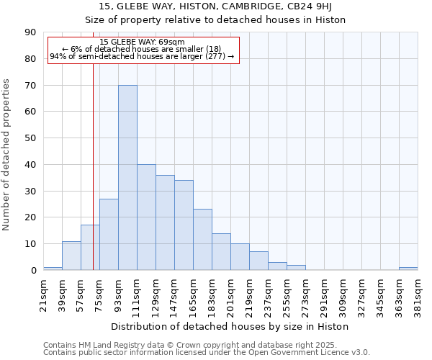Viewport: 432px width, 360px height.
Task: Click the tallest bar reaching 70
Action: (x=127, y=178)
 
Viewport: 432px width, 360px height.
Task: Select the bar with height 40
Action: (x=146, y=217)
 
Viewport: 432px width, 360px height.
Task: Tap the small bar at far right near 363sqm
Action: (x=408, y=269)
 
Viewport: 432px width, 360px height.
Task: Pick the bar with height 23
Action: (x=202, y=240)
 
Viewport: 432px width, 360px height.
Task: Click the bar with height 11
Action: (x=71, y=256)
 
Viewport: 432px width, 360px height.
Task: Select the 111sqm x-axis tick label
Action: (x=137, y=293)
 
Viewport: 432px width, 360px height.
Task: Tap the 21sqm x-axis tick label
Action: (x=43, y=293)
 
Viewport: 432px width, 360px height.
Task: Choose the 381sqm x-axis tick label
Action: (x=418, y=293)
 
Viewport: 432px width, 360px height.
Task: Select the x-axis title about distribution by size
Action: (x=230, y=326)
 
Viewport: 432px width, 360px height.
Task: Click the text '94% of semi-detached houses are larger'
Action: (x=126, y=56)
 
